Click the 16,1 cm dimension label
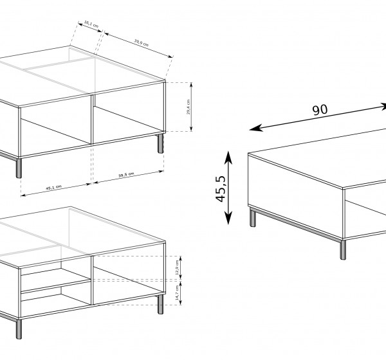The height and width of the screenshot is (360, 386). (x=91, y=25)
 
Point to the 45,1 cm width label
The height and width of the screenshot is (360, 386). (x=53, y=187)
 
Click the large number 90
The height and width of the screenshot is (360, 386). (x=320, y=109)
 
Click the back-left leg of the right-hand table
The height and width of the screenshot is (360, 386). (x=253, y=218)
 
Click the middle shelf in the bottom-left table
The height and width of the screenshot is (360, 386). (x=55, y=285)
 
